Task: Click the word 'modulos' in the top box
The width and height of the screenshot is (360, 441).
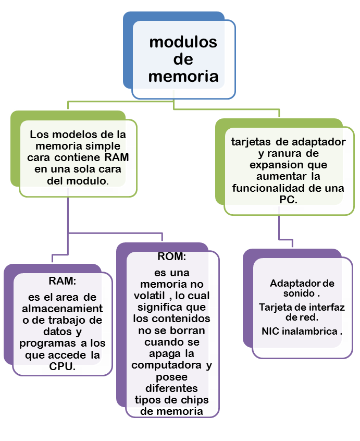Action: coord(183,42)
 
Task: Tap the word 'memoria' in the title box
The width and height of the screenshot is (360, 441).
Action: coord(183,76)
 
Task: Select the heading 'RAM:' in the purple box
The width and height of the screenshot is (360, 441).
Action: coord(63,281)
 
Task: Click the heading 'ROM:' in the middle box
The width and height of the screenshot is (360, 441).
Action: coord(171,257)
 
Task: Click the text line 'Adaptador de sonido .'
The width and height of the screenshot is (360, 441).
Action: coord(302,288)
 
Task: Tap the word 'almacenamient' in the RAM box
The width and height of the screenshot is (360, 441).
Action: coord(62,309)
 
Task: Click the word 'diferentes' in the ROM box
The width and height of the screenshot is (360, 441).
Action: coord(171,388)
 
